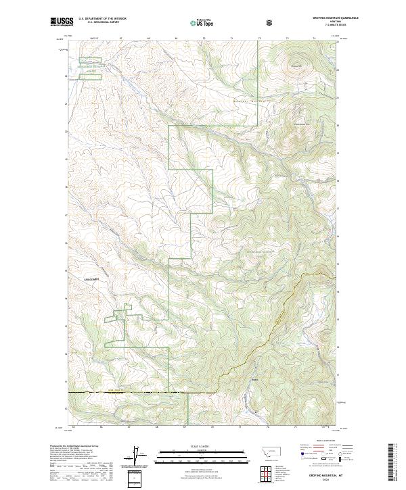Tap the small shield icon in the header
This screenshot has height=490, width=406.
point(269,22)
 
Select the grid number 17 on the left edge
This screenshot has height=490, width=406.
point(66,215)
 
